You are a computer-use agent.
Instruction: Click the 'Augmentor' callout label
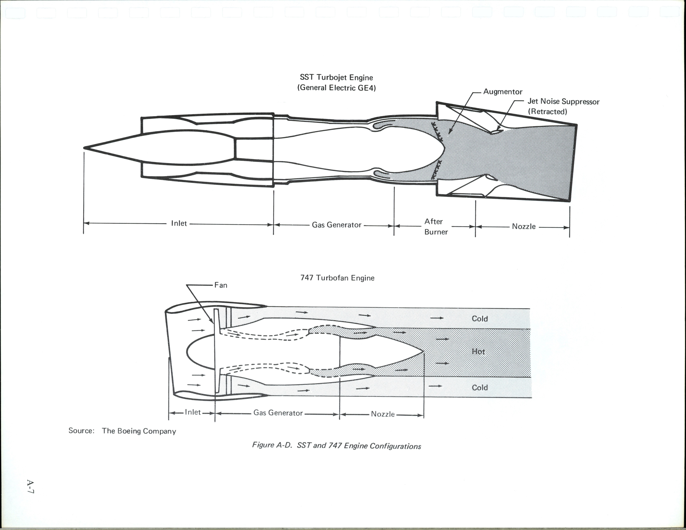pos(503,92)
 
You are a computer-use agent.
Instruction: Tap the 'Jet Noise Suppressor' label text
pos(563,101)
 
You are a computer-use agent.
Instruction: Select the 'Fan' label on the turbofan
pos(221,285)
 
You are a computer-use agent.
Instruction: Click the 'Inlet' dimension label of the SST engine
pos(179,223)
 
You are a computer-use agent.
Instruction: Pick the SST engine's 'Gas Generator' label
pos(336,225)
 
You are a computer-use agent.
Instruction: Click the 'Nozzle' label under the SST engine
pos(524,227)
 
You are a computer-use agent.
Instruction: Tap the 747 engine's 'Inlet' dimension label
pos(192,412)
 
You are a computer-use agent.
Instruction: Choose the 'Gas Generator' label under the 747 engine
pos(278,413)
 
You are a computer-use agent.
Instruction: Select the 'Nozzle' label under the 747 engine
pos(383,414)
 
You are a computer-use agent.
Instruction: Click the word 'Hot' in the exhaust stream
pos(478,352)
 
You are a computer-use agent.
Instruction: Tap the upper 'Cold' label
pos(480,318)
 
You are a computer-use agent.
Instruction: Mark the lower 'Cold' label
pos(480,387)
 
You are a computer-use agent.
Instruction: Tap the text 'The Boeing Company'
pos(139,431)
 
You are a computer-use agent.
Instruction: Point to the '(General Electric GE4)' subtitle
pos(336,88)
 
